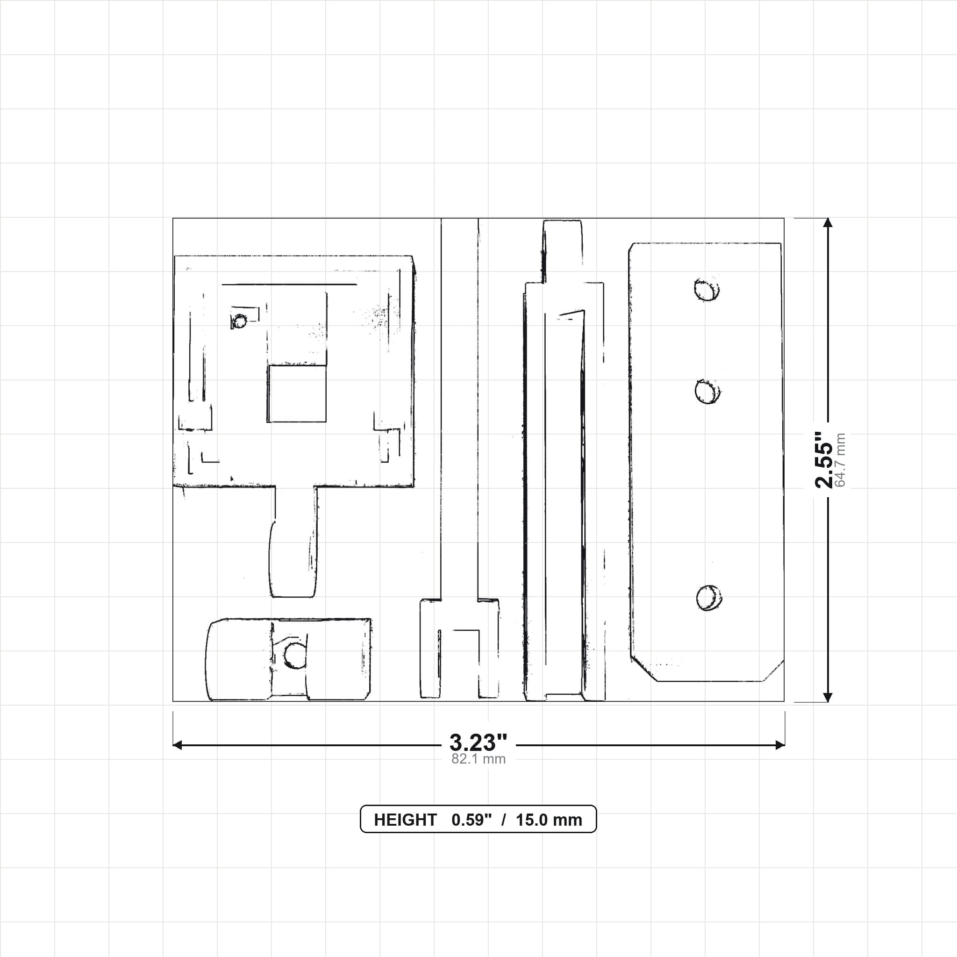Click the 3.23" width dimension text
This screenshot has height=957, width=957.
pyautogui.click(x=478, y=743)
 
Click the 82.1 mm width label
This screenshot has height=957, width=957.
pyautogui.click(x=478, y=759)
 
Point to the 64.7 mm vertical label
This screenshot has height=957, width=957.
pyautogui.click(x=840, y=460)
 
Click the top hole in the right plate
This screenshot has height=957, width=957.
pyautogui.click(x=707, y=290)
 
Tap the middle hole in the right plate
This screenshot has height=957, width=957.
pyautogui.click(x=707, y=392)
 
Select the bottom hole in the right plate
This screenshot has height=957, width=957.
pyautogui.click(x=709, y=598)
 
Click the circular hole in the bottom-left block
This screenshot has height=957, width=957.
pyautogui.click(x=295, y=655)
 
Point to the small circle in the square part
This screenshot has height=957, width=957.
pyautogui.click(x=240, y=321)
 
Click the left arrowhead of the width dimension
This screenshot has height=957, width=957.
pyautogui.click(x=177, y=745)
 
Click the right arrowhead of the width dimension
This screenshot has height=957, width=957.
pyautogui.click(x=780, y=745)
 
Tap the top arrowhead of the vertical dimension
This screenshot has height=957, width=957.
pyautogui.click(x=827, y=223)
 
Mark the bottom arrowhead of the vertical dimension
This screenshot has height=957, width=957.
pyautogui.click(x=827, y=697)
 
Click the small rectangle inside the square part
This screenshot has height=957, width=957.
pyautogui.click(x=297, y=394)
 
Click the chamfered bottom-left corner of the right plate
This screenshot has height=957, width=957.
pyautogui.click(x=644, y=669)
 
